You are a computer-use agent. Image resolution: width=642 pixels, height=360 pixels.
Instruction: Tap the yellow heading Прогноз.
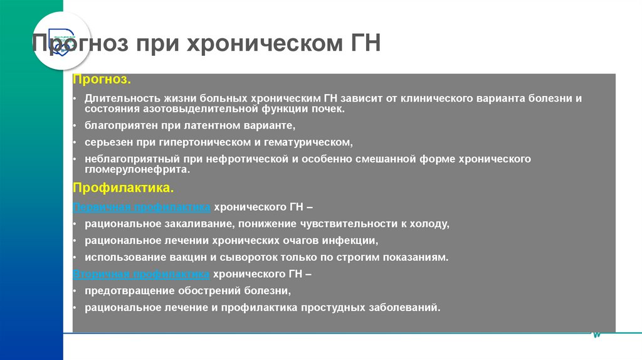point(102,80)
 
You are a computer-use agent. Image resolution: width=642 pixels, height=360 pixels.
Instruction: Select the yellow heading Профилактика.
point(123,188)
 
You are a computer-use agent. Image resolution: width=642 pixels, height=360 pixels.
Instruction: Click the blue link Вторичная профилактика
point(142,274)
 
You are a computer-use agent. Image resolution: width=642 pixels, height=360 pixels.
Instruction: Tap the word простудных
point(332,308)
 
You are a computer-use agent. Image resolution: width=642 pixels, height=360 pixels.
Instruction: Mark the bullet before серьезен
point(74,143)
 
